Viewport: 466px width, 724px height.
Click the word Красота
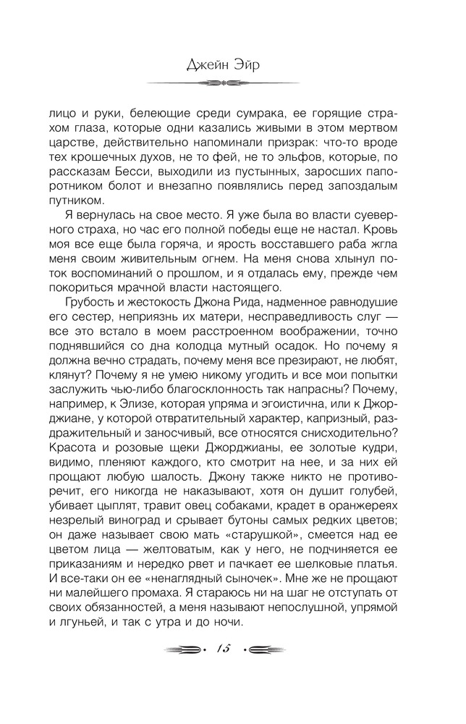click(x=77, y=447)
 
